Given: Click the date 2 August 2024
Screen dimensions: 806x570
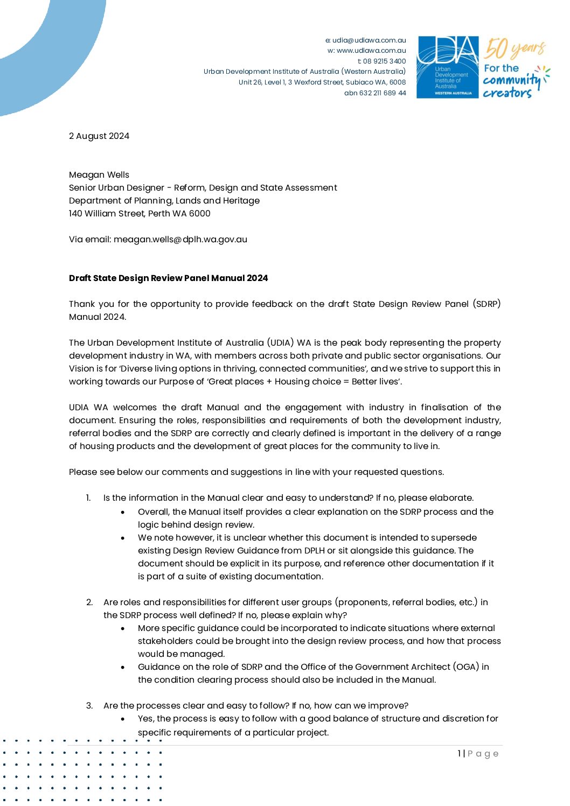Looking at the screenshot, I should pos(99,136).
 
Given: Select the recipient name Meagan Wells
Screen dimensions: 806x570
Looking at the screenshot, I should pos(99,175).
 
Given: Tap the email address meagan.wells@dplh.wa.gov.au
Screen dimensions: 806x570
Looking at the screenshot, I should pos(180,240).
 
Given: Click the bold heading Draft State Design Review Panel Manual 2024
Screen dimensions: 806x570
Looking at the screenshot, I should pos(168,278).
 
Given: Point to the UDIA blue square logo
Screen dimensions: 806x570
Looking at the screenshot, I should pos(448,67).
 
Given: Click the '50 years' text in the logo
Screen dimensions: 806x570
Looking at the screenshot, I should pos(515,49).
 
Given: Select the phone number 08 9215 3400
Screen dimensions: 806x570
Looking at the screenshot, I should pos(384,61).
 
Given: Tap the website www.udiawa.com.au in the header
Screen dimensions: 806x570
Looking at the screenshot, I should pos(371,51).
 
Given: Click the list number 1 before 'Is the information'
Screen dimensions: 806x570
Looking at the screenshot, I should pos(88,498).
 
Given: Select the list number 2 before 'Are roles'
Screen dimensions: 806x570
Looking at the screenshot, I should pos(89,602).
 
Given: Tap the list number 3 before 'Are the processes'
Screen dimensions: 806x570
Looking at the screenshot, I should pos(89,706).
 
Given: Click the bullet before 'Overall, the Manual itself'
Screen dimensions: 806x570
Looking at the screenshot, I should pos(123,513).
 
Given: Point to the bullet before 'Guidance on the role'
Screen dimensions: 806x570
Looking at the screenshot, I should pos(123,668).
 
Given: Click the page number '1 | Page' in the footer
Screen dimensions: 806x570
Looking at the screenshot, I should pos(478,754).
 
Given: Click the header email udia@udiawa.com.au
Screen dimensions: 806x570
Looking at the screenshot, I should pos(369,40).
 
